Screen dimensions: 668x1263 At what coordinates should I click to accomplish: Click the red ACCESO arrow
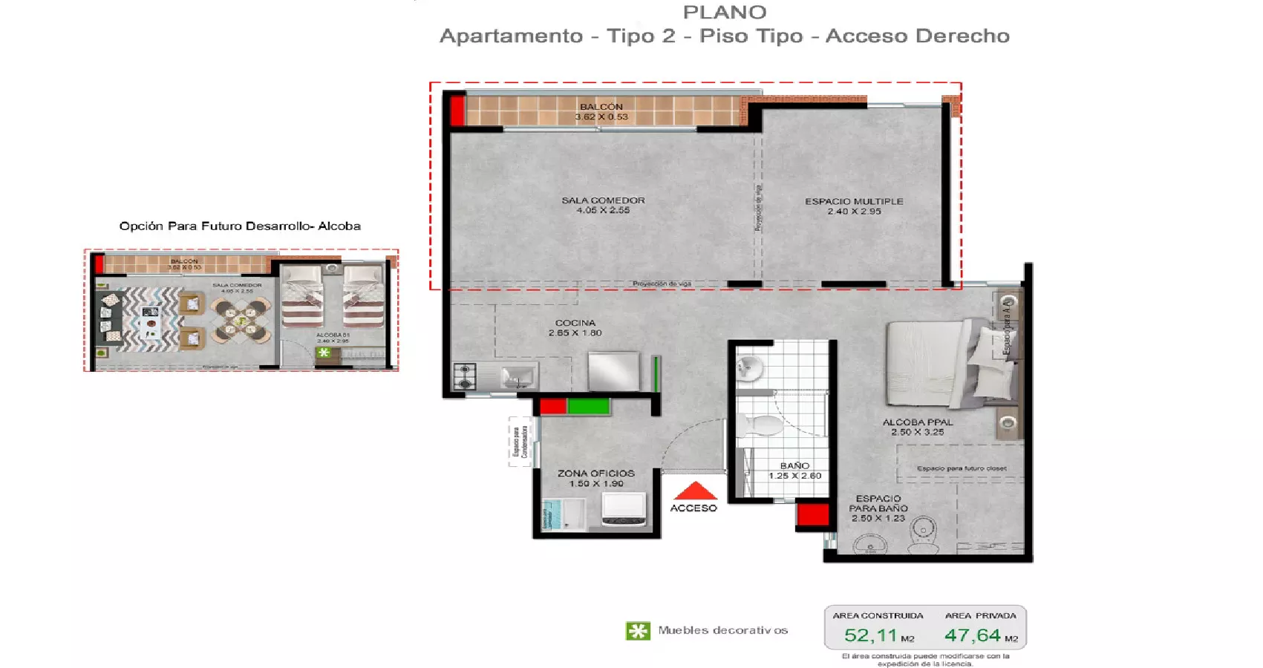pos(695,491)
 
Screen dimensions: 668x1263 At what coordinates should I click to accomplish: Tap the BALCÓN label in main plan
pos(601,111)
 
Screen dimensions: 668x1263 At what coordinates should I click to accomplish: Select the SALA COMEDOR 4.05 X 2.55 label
pos(603,205)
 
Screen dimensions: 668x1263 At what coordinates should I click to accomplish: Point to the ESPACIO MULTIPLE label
pos(854,206)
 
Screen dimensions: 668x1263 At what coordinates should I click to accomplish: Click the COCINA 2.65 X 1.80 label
pos(575,327)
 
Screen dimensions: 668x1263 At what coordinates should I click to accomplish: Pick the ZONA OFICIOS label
pos(596,478)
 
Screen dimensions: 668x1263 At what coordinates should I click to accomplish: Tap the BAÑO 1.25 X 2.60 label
pos(794,471)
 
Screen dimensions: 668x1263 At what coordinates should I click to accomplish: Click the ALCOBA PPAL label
pos(918,427)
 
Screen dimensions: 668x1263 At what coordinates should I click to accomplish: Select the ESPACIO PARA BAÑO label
pos(878,508)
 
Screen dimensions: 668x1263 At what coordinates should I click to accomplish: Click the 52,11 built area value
pos(871,635)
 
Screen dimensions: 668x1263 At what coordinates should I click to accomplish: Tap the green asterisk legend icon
pos(638,631)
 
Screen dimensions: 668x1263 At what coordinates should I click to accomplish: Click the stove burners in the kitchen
pos(465,376)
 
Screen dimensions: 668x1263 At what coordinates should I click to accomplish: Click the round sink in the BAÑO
pos(748,367)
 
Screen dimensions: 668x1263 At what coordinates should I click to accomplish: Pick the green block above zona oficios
pos(588,406)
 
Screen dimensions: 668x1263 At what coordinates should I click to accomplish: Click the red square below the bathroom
pos(812,514)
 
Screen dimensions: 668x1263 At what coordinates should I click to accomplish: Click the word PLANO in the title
pos(724,13)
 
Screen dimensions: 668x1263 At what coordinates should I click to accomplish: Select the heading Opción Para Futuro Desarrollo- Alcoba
pos(240,226)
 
